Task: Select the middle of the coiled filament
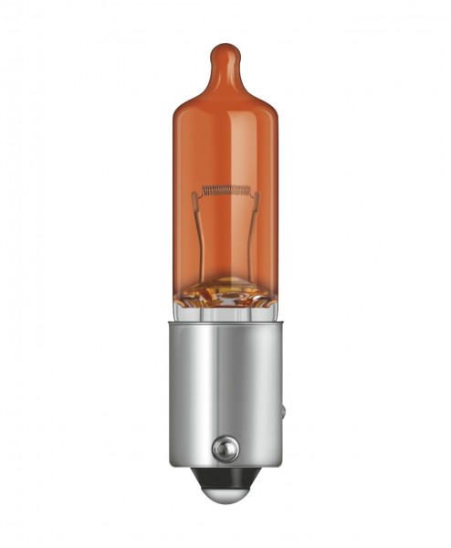coord(225,191)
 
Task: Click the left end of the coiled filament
coord(203,192)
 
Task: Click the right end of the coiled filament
coord(248,191)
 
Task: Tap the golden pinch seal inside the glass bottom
coord(225,294)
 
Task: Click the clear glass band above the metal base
coord(225,313)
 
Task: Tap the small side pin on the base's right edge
coord(282,411)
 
